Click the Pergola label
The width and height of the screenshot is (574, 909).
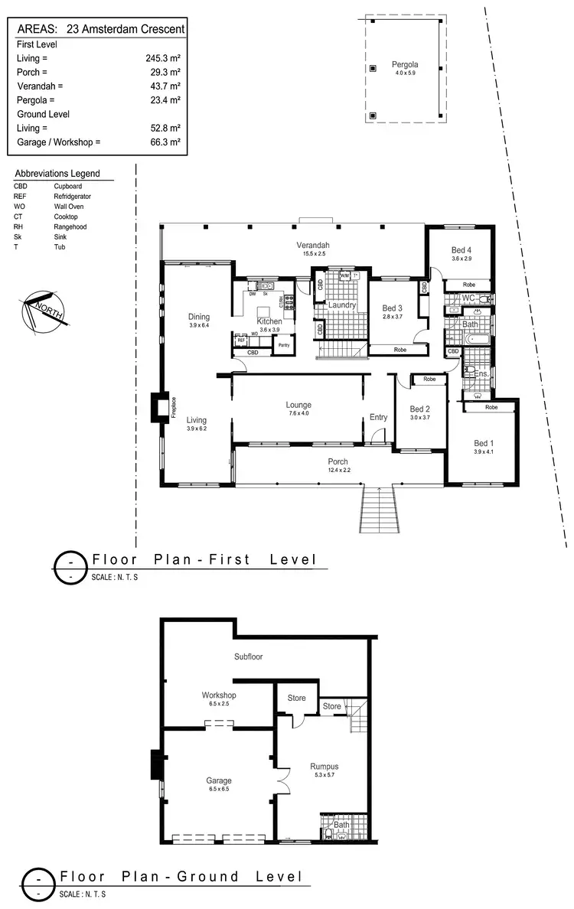[x=404, y=64]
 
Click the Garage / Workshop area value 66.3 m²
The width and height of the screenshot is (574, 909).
[x=163, y=142]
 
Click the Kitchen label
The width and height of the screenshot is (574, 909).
[x=269, y=321]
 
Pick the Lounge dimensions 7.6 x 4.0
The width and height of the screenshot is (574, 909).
[x=298, y=414]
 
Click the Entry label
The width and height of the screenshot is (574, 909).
[x=378, y=417]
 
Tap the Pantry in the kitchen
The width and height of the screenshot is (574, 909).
[x=283, y=346]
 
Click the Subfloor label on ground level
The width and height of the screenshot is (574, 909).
[x=249, y=656]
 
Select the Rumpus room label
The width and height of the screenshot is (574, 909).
[x=324, y=766]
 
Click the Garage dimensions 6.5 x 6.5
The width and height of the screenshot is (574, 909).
[x=218, y=789]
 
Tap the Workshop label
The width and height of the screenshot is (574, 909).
[x=218, y=695]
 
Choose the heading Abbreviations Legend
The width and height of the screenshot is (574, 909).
[x=62, y=174]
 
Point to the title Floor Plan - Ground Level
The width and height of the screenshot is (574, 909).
[x=181, y=877]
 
